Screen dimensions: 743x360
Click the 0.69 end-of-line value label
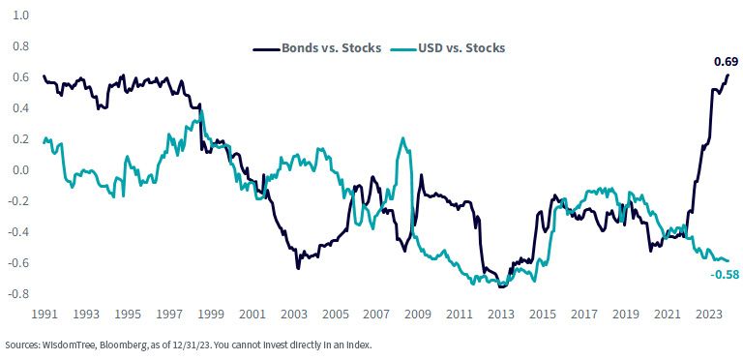726,62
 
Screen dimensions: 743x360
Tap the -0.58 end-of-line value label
725,274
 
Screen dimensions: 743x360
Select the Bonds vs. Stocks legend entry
317,48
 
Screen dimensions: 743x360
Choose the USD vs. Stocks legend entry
448,48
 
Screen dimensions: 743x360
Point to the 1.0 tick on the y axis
22,15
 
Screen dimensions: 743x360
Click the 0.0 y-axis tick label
22,170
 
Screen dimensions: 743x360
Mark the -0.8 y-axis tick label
20,294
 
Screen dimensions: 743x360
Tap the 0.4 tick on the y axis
22,108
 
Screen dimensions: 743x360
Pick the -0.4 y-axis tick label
20,232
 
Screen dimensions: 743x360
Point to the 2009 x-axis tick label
420,315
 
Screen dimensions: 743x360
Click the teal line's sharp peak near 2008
402,137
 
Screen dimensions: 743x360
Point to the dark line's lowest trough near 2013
500,286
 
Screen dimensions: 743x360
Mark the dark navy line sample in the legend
267,48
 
